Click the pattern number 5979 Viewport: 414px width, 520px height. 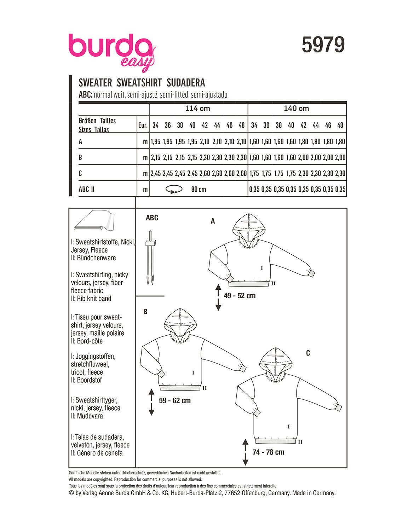323,45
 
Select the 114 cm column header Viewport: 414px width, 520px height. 198,109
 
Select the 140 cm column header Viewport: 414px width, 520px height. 297,109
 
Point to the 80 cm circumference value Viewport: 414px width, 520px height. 199,190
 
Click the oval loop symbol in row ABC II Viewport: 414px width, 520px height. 174,190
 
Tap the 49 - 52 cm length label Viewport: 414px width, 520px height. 240,296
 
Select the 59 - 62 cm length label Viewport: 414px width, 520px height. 175,400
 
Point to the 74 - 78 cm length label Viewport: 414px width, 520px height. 268,452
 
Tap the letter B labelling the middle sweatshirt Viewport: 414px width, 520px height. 145,312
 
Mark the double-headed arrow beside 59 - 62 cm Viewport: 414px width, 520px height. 151,402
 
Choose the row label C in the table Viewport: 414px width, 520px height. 80,173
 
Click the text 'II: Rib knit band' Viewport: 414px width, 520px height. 91,299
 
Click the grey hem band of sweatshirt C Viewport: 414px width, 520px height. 276,441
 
